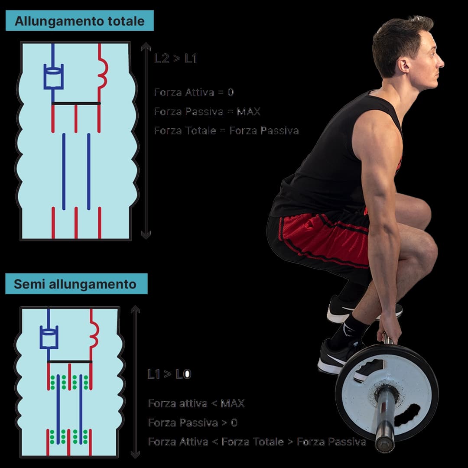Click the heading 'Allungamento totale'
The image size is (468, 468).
[x=79, y=21]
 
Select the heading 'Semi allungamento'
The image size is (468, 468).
[x=75, y=284]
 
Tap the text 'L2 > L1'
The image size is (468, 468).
[x=175, y=58]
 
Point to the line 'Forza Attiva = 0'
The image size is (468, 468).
[x=194, y=92]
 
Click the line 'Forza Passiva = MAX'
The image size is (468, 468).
[x=207, y=111]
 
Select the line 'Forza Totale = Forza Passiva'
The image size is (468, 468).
[x=226, y=130]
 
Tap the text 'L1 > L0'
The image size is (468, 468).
[x=169, y=374]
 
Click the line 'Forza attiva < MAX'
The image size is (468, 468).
[x=196, y=403]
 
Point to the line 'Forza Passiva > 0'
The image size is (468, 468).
[x=192, y=422]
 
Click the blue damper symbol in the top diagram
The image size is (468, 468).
[x=53, y=77]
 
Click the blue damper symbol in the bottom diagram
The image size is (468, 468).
[x=49, y=337]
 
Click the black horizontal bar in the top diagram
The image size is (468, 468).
[x=76, y=104]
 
